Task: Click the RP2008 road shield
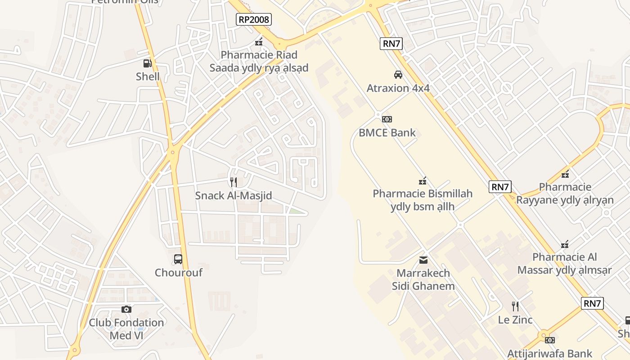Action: point(254,19)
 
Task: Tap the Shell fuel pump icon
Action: point(148,63)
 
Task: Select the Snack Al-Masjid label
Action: point(233,196)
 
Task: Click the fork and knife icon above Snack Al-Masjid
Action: point(233,182)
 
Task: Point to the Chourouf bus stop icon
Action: point(178,259)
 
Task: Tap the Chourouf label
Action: point(178,273)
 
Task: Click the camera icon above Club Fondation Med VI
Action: point(126,309)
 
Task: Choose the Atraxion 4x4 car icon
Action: point(398,75)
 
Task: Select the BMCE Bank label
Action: point(387,133)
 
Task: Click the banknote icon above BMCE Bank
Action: point(387,119)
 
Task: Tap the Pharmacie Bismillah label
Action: point(423,200)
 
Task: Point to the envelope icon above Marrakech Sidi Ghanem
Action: point(423,260)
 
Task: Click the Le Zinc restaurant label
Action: point(515,320)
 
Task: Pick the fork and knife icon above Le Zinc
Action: point(515,306)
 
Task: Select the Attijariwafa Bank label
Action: point(550,354)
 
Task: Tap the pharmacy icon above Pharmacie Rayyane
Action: point(565,174)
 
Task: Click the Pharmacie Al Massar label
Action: point(565,263)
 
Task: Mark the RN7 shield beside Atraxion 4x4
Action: point(391,44)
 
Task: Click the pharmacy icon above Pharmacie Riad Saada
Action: point(259,42)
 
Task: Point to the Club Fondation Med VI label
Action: point(126,329)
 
